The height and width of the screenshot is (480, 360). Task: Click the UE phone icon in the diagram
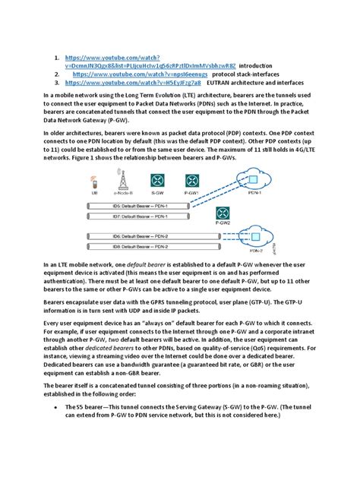[93, 182]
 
